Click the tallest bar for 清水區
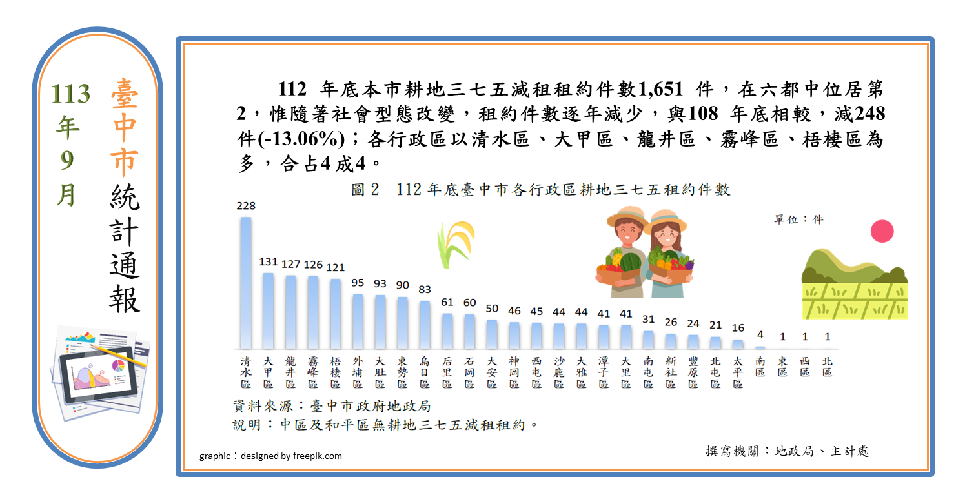(x=246, y=283)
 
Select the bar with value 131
(x=269, y=310)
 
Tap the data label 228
(x=246, y=206)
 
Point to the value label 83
(x=425, y=289)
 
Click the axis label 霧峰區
(x=313, y=372)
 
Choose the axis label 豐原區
(x=693, y=372)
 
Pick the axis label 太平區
(x=738, y=372)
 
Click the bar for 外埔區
(x=358, y=321)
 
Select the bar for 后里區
(x=447, y=331)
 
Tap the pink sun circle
(x=882, y=231)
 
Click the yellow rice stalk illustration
(x=456, y=245)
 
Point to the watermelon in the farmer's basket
(x=631, y=262)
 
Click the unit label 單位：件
(x=798, y=219)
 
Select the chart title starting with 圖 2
(x=541, y=190)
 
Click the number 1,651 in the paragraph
(x=660, y=89)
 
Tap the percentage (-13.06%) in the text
(x=301, y=139)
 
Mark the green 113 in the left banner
(x=70, y=94)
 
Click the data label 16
(x=738, y=328)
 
